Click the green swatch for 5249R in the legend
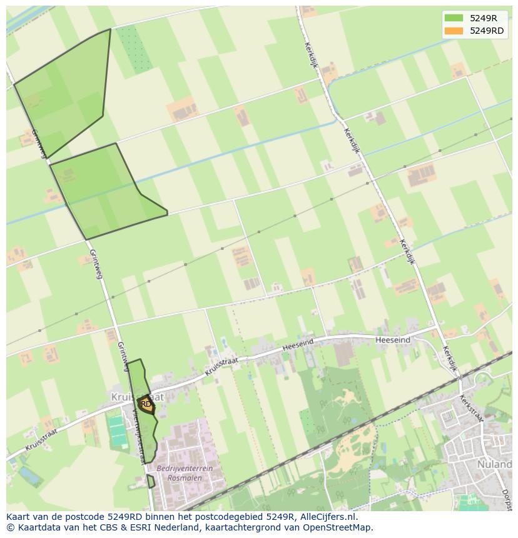(454, 18)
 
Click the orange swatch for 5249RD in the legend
(454, 31)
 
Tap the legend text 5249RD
(487, 31)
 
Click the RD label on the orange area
(146, 404)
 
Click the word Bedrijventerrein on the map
(185, 468)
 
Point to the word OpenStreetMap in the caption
(340, 527)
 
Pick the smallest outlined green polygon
(150, 481)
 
